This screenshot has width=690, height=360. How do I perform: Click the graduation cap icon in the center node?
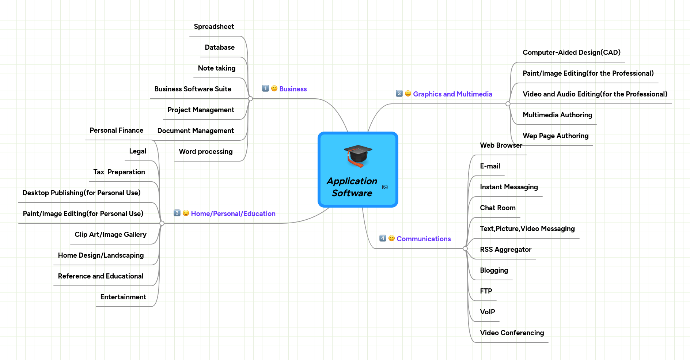click(x=358, y=156)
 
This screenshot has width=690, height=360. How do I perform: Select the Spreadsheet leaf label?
click(x=214, y=27)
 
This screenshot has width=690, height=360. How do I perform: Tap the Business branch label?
click(x=293, y=89)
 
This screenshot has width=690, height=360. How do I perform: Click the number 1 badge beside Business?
click(x=265, y=88)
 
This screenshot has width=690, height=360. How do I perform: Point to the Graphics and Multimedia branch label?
click(x=452, y=94)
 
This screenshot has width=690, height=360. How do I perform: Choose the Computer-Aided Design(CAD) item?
click(x=571, y=53)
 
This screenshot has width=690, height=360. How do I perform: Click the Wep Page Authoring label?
click(x=556, y=136)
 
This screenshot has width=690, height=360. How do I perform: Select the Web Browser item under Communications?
click(x=501, y=145)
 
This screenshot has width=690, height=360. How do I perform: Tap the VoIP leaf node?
click(x=487, y=312)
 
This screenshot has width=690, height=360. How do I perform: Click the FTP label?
click(x=486, y=291)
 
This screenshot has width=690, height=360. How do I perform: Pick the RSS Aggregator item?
click(x=505, y=250)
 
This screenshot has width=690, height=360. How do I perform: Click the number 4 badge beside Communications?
click(x=383, y=238)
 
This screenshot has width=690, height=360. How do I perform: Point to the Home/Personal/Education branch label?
click(x=233, y=214)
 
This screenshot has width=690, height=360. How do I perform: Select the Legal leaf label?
click(x=137, y=151)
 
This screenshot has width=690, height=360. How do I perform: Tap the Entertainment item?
click(x=123, y=297)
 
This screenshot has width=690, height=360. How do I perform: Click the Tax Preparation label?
click(x=119, y=172)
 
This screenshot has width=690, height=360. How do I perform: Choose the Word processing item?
click(x=205, y=152)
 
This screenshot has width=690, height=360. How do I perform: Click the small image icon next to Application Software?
click(x=384, y=187)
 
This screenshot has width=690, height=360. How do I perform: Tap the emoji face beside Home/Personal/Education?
click(x=186, y=213)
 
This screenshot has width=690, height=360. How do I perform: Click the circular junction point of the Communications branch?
click(x=465, y=249)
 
